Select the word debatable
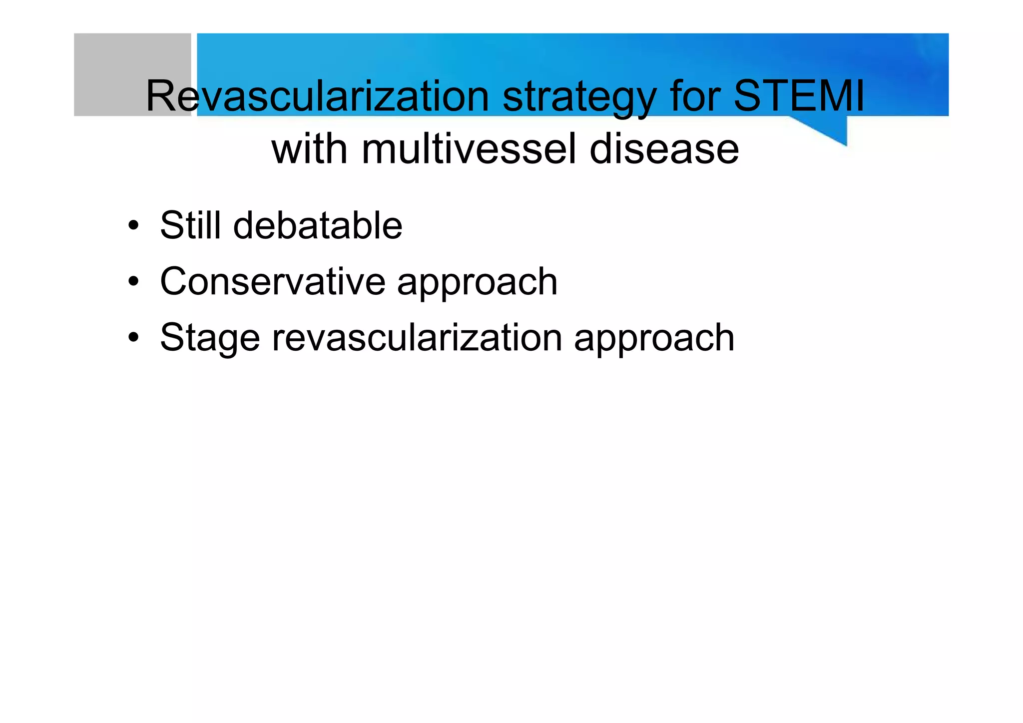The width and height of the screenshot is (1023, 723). coord(318,225)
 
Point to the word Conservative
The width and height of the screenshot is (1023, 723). coord(273,281)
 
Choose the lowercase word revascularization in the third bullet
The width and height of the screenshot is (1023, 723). coord(417,338)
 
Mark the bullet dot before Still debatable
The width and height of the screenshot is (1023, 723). coord(133,225)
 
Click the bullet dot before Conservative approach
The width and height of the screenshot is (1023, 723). coord(133,281)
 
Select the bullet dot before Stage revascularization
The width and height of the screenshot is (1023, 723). coord(133,338)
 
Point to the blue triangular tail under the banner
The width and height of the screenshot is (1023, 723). coord(829,129)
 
